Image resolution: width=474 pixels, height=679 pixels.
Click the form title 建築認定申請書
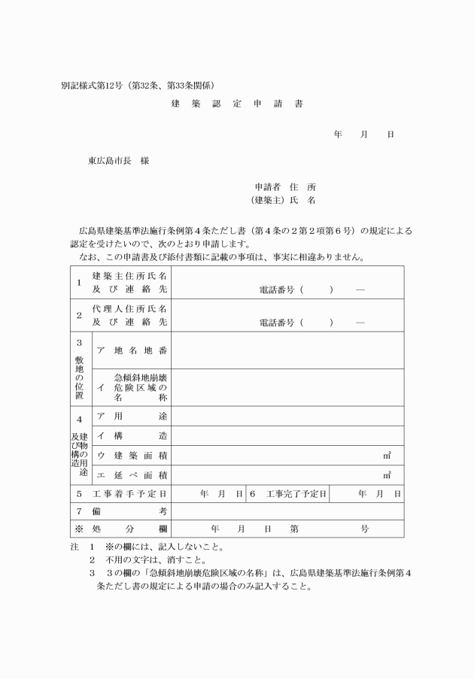tap(237, 104)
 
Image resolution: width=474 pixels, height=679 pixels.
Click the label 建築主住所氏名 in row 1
tap(129, 276)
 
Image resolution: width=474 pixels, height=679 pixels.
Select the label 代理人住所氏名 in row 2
tap(129, 309)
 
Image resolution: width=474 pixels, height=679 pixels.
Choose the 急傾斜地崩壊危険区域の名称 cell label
tap(140, 387)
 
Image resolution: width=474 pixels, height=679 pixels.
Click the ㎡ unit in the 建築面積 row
tap(387, 455)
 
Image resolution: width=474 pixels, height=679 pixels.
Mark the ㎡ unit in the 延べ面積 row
tap(387, 474)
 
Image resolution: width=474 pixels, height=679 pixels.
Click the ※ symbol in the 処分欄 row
tap(79, 529)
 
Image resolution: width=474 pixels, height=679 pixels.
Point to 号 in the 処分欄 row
tap(365, 529)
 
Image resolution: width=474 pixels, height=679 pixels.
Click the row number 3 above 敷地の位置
tap(79, 342)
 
